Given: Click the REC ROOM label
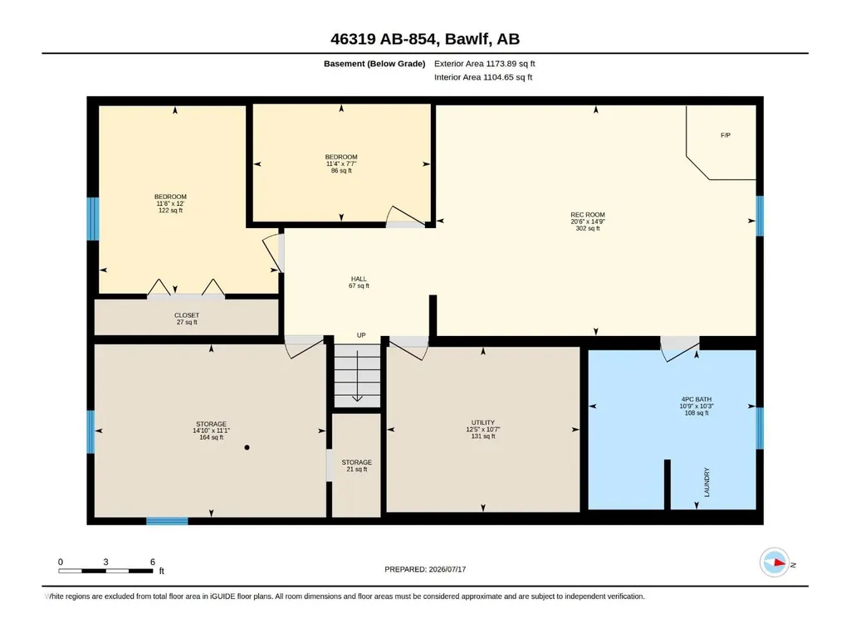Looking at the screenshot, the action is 587,215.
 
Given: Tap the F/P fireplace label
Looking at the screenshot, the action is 726,135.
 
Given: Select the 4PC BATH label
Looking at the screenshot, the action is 697,399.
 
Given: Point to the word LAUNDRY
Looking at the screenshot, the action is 707,482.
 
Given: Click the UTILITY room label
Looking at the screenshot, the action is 483,422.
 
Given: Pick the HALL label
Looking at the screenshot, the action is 358,279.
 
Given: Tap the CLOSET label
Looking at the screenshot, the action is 187,315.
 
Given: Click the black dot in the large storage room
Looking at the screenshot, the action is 247,447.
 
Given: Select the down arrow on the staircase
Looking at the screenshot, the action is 357,376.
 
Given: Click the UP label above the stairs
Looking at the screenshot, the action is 361,335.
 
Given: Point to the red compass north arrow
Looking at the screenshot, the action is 780,563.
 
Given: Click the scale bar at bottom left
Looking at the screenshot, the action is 105,571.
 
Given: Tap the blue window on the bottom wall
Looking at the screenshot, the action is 167,521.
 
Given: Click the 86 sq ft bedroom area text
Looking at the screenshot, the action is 341,170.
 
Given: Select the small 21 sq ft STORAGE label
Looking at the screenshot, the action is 356,462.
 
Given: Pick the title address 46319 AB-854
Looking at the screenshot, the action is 384,39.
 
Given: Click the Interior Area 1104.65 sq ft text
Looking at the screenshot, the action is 483,77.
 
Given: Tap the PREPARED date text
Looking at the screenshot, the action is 425,569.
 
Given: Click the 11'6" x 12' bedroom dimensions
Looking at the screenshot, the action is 170,203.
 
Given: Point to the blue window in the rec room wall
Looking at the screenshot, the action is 760,216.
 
